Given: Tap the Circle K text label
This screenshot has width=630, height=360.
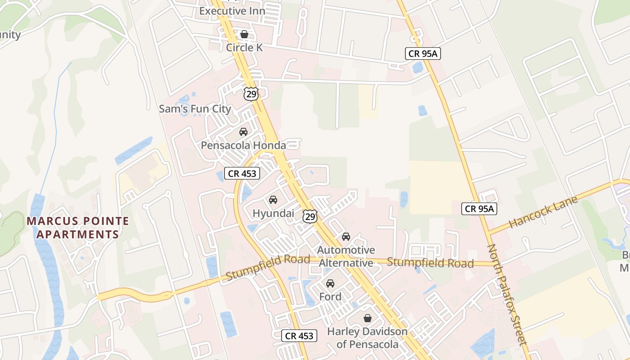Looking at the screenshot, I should click(x=244, y=47).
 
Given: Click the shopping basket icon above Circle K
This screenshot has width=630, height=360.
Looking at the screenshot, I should click(x=244, y=34).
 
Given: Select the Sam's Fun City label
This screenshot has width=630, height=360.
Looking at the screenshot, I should click(x=195, y=109).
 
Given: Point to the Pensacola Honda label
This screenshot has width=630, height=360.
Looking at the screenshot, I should click(x=243, y=145).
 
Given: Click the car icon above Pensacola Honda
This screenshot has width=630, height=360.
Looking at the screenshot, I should click(x=243, y=132).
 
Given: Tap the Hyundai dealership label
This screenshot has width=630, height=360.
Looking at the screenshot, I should click(x=273, y=213).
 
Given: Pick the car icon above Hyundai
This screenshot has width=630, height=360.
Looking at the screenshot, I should click(x=273, y=200).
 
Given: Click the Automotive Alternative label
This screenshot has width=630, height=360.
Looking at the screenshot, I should click(x=346, y=256).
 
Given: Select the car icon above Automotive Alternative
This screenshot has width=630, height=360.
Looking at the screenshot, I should click(x=346, y=237).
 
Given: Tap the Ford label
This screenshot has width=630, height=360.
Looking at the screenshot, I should click(x=330, y=297).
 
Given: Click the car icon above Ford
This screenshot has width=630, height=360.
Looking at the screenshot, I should click(x=330, y=283).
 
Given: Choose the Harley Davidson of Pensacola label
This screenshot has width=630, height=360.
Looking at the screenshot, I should click(x=367, y=338).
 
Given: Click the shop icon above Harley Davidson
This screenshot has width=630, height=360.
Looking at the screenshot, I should click(x=368, y=318).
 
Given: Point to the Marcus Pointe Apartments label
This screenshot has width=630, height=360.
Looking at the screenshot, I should click(x=78, y=228).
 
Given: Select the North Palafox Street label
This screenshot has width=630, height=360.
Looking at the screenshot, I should click(x=507, y=295).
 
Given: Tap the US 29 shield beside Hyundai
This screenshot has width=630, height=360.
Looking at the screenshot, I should click(x=310, y=216).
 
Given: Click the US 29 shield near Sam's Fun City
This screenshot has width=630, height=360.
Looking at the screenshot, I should click(x=251, y=94).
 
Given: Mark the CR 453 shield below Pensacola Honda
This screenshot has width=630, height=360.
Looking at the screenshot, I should click(x=242, y=173).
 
